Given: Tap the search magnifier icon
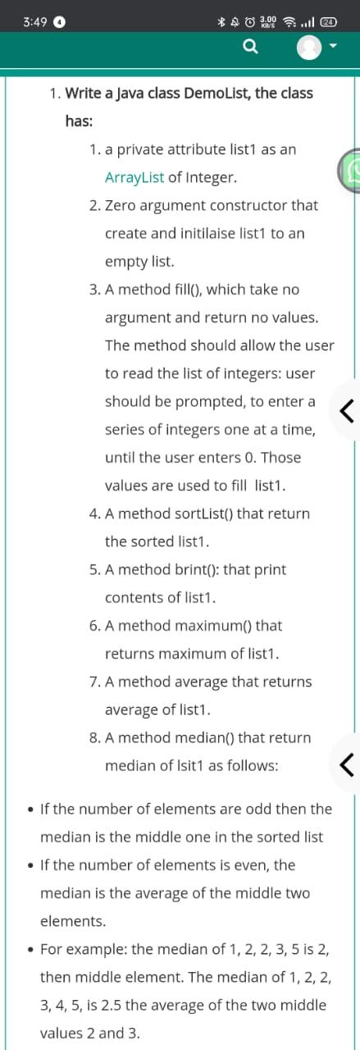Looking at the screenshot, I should click(250, 48).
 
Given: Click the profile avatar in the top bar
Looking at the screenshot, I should click(309, 48).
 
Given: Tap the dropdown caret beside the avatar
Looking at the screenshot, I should click(334, 48).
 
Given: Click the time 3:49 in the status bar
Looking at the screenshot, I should click(35, 22).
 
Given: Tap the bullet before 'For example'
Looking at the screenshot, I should click(30, 950).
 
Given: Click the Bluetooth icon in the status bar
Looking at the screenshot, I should click(221, 22).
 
